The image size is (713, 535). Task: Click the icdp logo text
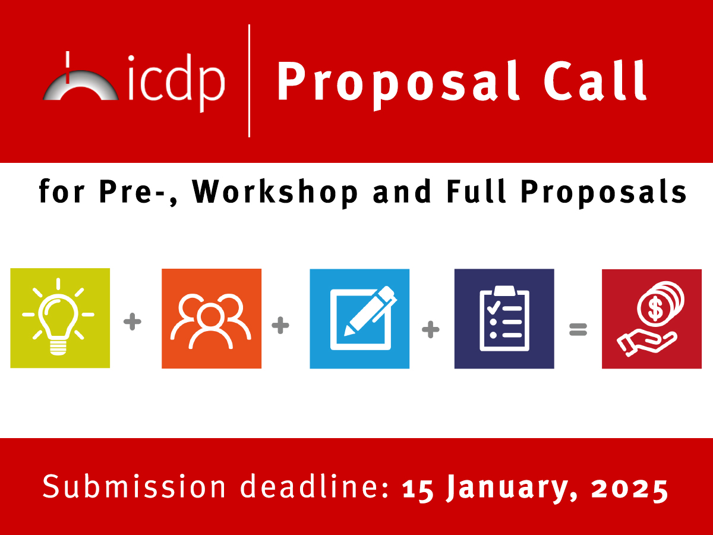(176, 83)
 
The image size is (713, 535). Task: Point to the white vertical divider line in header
(249, 81)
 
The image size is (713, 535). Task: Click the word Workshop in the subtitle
(275, 192)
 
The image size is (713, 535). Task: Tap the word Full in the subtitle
(476, 191)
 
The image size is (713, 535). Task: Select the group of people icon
(211, 321)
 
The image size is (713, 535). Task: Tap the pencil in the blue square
(371, 311)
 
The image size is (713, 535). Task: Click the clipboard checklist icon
(504, 319)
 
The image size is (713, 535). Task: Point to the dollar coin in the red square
(655, 309)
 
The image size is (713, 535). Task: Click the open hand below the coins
(646, 342)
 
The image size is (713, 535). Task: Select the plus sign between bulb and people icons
(132, 322)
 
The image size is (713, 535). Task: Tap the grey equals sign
(578, 329)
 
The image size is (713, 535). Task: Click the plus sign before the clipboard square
(431, 330)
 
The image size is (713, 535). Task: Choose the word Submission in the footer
(134, 486)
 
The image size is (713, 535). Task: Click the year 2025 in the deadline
(629, 488)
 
